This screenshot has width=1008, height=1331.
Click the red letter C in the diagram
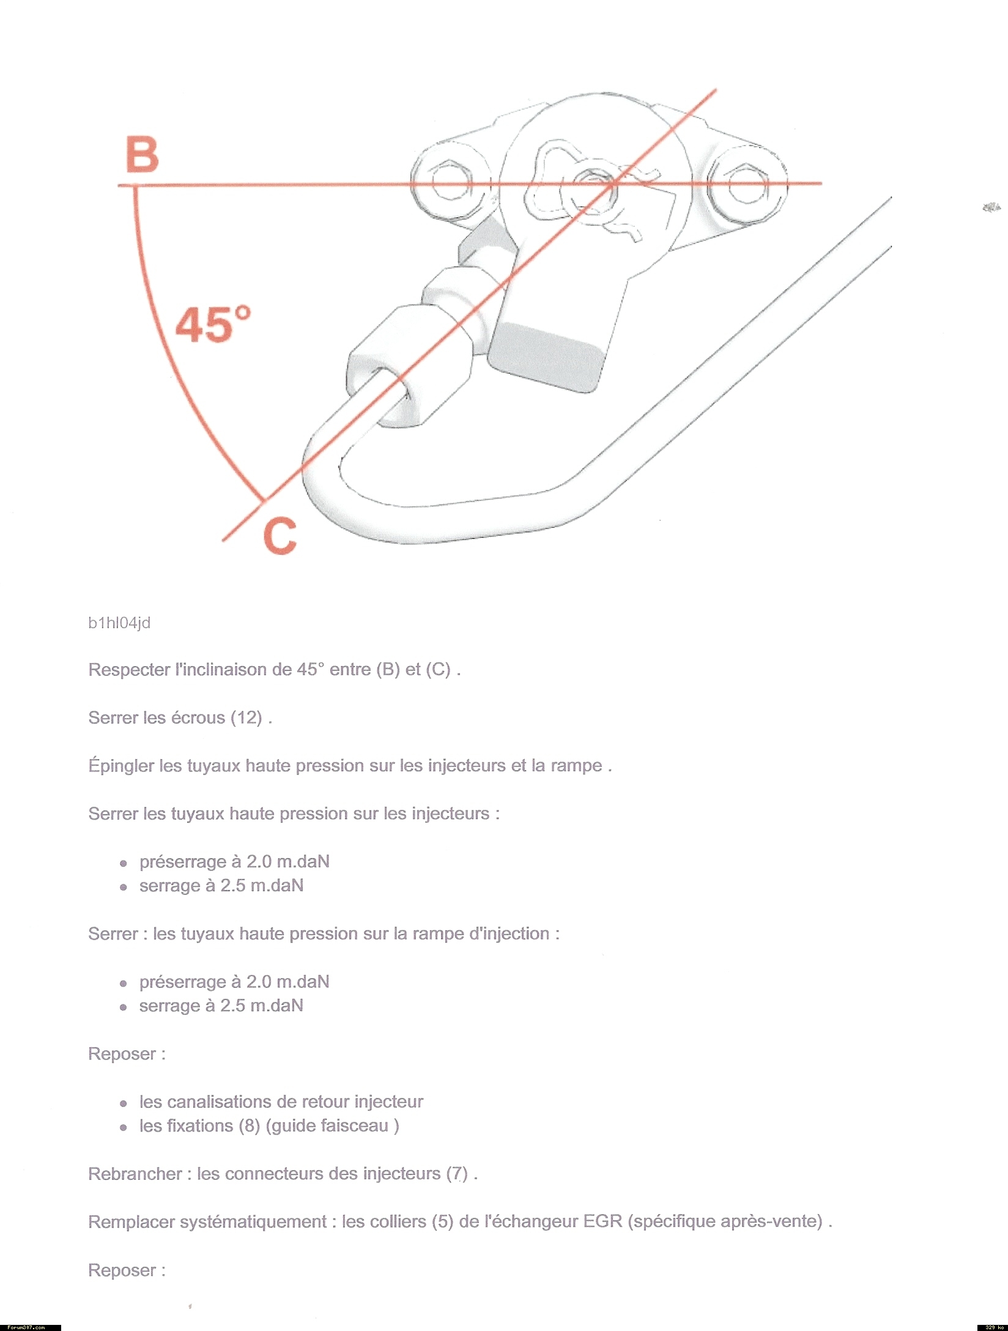[280, 536]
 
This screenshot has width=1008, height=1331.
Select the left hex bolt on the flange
[450, 182]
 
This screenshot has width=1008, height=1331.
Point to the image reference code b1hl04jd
[119, 623]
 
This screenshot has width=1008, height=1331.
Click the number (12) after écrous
[246, 717]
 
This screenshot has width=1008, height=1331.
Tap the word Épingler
[121, 765]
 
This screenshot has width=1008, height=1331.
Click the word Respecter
[129, 670]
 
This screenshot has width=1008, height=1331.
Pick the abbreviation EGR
[602, 1222]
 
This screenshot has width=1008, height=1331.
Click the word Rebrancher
[135, 1174]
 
